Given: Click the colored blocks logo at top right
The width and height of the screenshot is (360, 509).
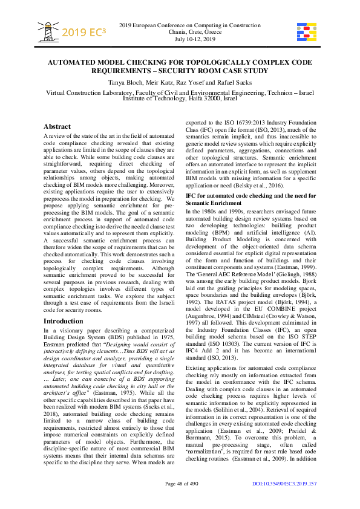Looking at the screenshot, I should point(306,31).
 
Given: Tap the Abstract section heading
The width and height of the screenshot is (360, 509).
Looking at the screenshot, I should point(57,127).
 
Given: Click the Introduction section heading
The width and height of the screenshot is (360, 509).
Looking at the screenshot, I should point(64,321).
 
